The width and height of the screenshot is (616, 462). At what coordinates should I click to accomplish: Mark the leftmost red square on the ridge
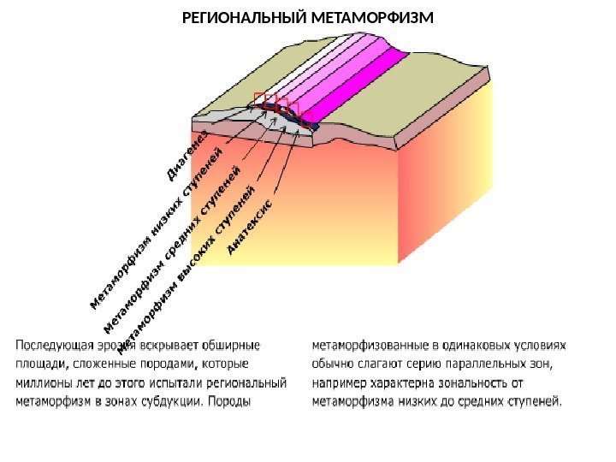tap(260, 99)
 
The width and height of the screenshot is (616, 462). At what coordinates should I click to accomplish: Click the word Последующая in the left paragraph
tap(51, 346)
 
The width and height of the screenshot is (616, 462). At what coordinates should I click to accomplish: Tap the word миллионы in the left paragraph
tap(39, 382)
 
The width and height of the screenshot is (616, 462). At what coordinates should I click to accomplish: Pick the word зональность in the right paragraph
tap(486, 382)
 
